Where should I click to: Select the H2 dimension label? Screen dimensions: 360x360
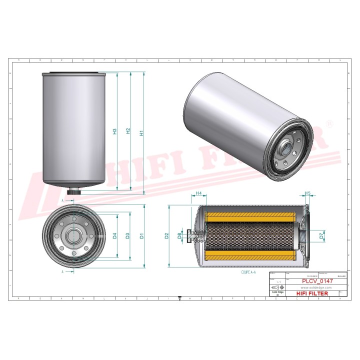[x=128, y=131]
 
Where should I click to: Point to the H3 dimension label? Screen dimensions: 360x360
[x=114, y=131]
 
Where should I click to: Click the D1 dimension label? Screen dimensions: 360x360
[x=142, y=235]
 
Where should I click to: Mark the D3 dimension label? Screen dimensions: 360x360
[x=128, y=235]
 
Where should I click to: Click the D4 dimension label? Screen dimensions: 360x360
[x=114, y=235]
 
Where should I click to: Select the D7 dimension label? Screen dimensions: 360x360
[x=322, y=235]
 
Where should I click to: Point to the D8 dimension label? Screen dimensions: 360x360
[x=180, y=235]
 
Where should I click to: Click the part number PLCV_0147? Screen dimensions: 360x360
[x=317, y=281]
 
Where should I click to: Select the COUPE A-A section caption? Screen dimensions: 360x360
[x=249, y=273]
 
